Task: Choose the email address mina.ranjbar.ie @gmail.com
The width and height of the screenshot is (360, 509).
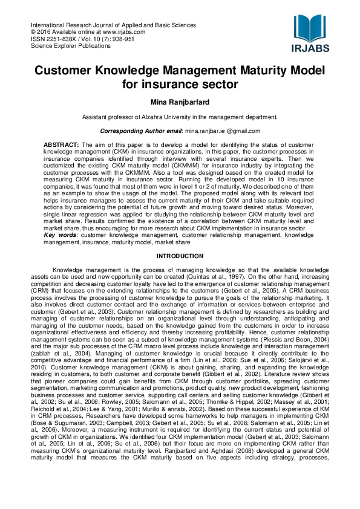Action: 222,131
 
